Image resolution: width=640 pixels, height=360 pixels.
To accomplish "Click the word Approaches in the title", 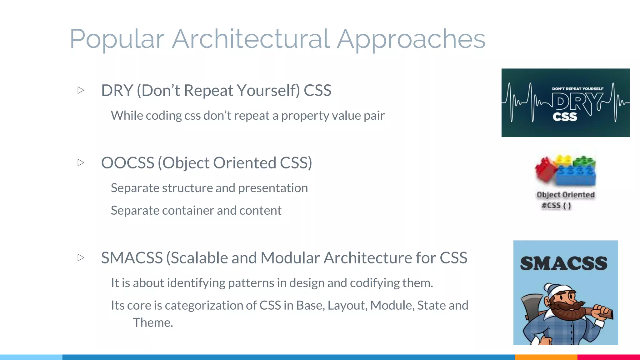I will point(411,39).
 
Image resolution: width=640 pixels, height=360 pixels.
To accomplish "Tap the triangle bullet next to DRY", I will point(81,90).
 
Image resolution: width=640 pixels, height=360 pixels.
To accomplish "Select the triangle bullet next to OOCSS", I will point(81,162).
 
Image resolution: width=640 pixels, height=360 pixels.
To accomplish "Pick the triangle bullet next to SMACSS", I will point(81,257).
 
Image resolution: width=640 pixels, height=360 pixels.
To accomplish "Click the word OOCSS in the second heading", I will point(127,163).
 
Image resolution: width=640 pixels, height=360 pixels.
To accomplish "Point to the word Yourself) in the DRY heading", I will point(268,91).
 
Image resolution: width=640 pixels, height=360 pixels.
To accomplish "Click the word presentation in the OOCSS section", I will point(273,188).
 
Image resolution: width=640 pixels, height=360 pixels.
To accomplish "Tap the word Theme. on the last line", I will point(153,322).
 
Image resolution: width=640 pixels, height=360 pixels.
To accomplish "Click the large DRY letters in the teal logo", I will point(575,102).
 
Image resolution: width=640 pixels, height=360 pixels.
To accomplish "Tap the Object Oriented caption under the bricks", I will point(565,195).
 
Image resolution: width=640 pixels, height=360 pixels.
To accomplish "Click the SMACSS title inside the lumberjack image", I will point(564,263).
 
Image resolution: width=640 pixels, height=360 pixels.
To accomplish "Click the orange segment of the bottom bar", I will point(546,357).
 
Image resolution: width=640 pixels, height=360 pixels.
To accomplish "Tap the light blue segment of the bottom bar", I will point(31,357).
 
